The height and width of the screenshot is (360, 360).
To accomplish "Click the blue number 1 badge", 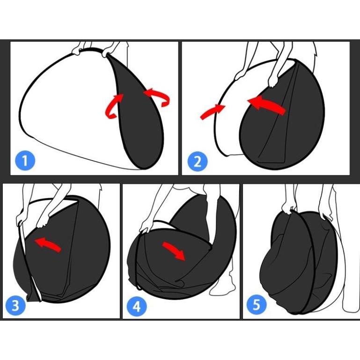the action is pos(25,161).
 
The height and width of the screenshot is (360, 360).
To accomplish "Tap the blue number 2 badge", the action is pos(198,162).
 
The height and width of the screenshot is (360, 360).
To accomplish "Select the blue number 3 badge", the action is pos(15,306).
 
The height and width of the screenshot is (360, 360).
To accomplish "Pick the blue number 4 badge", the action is pos(137,307).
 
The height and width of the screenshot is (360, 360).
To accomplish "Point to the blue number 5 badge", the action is pos(257,305).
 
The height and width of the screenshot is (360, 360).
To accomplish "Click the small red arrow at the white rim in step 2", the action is pos(213,111).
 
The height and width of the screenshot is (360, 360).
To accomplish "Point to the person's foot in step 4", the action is pos(221,288).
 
